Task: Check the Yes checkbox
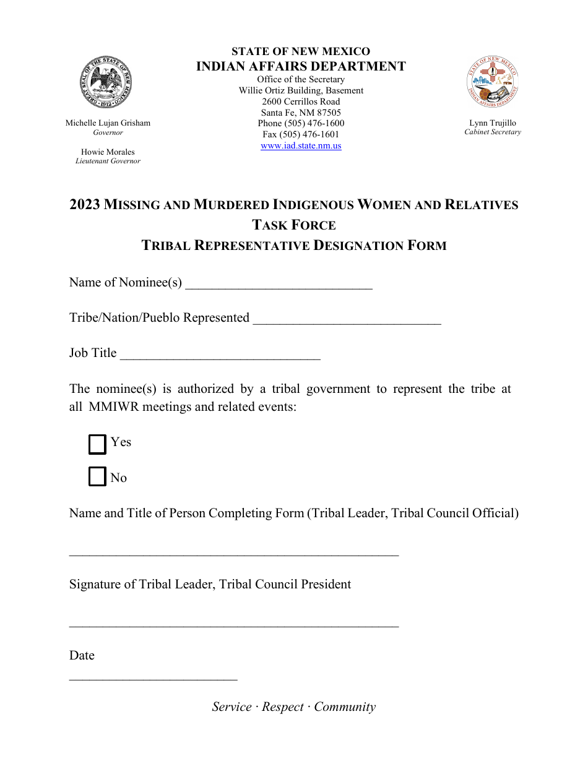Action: pos(97,444)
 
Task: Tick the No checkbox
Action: pos(97,477)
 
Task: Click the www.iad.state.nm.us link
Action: pos(301,146)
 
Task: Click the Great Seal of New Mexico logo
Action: pos(108,82)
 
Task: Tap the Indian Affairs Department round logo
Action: pos(493,82)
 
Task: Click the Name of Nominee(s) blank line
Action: pos(279,284)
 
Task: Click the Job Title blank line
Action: pos(220,355)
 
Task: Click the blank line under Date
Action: pos(153,677)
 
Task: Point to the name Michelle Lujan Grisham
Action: pos(108,123)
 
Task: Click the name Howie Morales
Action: pos(108,152)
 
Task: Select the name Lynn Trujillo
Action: pos(493,123)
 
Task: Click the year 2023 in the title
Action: pos(85,205)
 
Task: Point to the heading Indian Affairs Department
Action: pos(301,67)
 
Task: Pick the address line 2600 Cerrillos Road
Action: pos(301,101)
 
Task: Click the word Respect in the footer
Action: pos(283,707)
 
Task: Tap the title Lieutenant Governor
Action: pos(108,161)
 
